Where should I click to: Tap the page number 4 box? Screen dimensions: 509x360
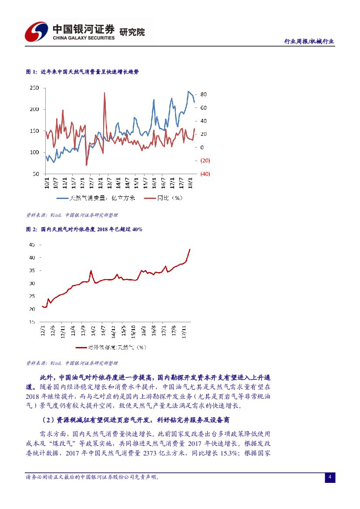(330, 478)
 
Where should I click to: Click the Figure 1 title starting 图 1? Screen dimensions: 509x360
(82, 71)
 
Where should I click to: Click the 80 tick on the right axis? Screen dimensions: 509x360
(203, 94)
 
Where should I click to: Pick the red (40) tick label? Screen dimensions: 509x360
(205, 174)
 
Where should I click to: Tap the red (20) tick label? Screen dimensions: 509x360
(205, 161)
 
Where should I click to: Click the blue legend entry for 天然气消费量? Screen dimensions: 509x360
(97, 198)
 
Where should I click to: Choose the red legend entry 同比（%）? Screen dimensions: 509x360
(163, 198)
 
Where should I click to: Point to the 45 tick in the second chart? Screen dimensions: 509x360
(32, 245)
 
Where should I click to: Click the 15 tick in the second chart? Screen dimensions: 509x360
(32, 322)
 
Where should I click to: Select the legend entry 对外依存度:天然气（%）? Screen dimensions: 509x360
(111, 347)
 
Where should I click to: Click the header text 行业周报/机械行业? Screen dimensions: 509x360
(309, 41)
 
